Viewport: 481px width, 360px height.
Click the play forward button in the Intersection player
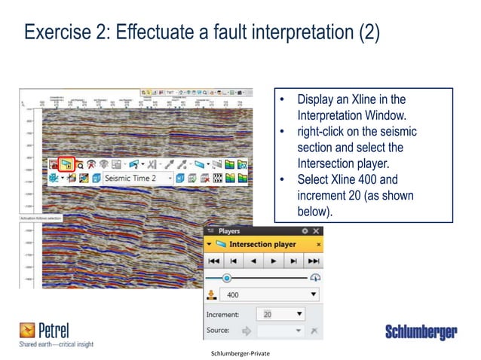pos(274,261)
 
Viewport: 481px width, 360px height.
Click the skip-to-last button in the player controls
pos(313,261)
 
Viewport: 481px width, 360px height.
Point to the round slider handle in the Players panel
pos(225,278)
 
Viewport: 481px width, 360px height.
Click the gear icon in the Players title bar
pos(305,231)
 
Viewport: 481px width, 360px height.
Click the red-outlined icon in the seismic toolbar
pos(67,163)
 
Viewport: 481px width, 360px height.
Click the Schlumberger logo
pos(421,332)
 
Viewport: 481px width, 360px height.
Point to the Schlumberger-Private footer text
pos(240,352)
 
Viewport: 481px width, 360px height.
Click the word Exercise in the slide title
pos(52,33)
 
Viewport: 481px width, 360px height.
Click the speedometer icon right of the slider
pos(314,278)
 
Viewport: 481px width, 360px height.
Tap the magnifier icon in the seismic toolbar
pos(79,163)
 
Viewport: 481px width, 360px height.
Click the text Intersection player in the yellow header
pos(262,245)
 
